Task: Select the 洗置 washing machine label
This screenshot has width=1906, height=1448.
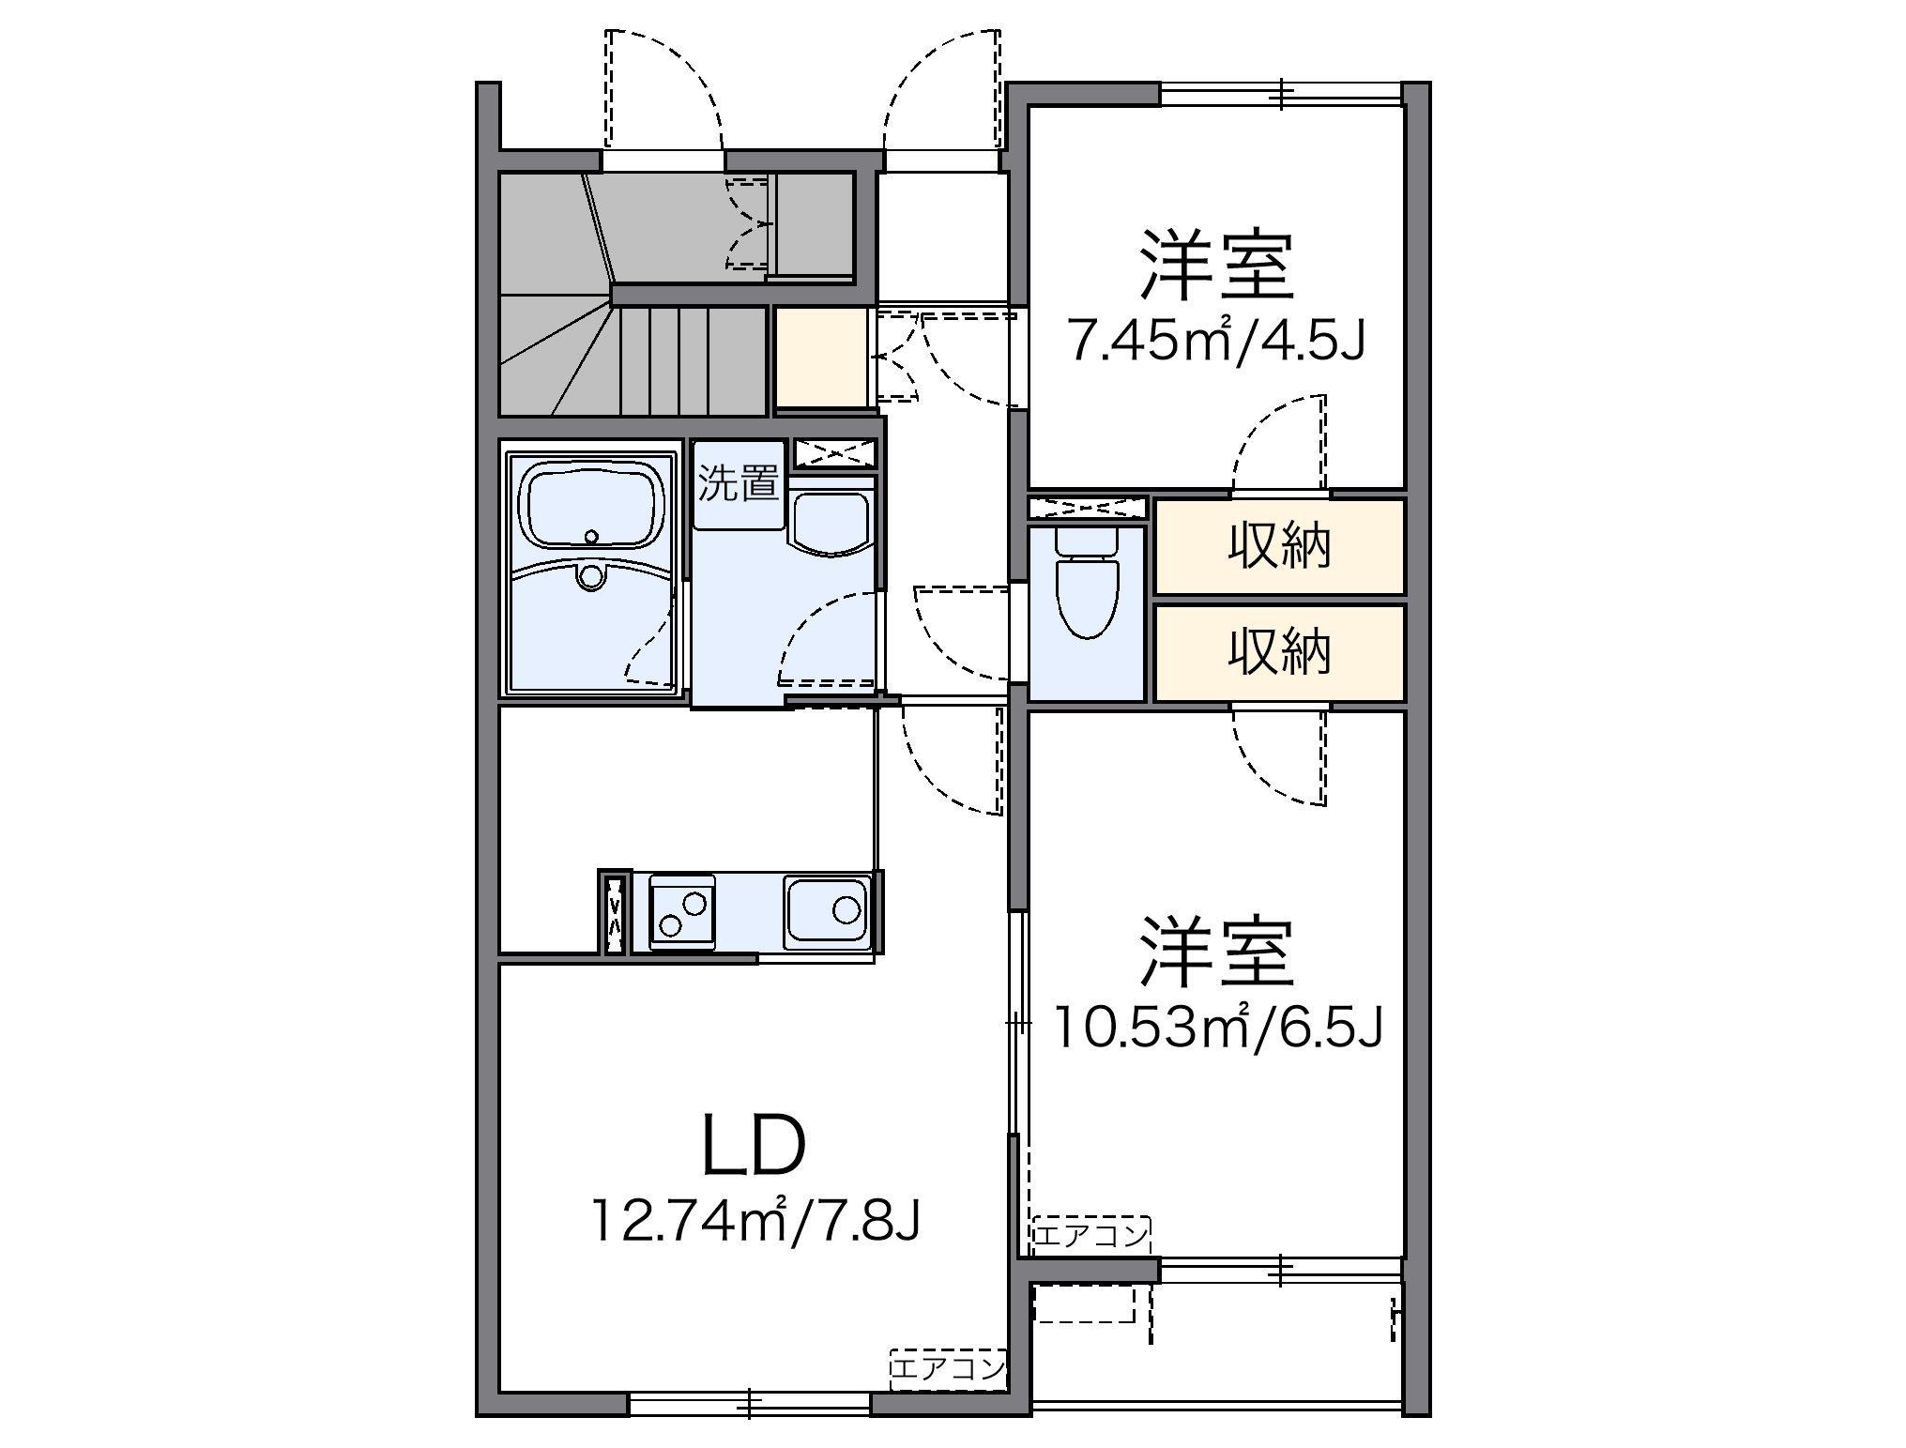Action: click(x=738, y=484)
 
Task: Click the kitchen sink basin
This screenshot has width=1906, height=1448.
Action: click(x=826, y=909)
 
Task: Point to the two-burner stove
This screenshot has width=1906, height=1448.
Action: click(x=681, y=911)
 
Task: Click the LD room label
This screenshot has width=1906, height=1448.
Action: click(x=754, y=1146)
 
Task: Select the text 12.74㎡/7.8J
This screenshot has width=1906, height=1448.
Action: click(x=754, y=1220)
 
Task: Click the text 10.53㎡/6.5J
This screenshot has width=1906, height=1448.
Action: click(x=1217, y=1028)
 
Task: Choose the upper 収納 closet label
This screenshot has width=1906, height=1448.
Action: click(x=1279, y=546)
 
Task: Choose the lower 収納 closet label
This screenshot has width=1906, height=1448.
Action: click(x=1279, y=651)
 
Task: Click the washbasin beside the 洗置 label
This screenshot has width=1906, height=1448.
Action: click(x=831, y=521)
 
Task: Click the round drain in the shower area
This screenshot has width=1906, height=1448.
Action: click(x=590, y=577)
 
